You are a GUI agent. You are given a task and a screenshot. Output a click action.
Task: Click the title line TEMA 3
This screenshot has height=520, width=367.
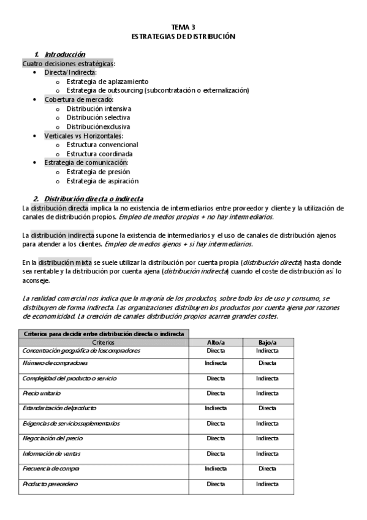click(x=183, y=28)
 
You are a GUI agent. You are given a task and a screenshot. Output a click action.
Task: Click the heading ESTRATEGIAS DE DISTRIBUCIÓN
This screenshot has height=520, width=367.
click(x=183, y=37)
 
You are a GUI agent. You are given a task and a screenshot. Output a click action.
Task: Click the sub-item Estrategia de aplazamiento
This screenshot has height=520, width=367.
click(x=107, y=81)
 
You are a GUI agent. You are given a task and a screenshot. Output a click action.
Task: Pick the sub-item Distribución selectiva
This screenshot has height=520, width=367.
click(x=98, y=117)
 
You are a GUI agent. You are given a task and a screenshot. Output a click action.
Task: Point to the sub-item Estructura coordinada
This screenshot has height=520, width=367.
click(x=99, y=153)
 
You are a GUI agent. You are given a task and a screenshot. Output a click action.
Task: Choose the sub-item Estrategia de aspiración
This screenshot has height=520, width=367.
click(x=102, y=181)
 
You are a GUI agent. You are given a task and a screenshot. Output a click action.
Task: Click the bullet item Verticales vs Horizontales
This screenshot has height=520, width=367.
click(x=83, y=136)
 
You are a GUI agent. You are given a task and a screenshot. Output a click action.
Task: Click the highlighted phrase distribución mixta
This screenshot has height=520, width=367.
click(x=62, y=262)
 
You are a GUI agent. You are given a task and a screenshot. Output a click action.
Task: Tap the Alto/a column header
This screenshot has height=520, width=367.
click(x=216, y=342)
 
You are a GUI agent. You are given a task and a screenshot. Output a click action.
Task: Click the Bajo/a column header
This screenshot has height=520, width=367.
click(x=267, y=342)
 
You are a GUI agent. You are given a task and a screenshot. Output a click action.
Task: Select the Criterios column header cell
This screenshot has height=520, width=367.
click(x=102, y=342)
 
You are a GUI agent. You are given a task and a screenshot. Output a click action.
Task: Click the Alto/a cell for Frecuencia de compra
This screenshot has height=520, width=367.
click(x=216, y=469)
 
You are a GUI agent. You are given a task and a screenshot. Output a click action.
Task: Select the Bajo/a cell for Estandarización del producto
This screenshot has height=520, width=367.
click(x=267, y=408)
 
